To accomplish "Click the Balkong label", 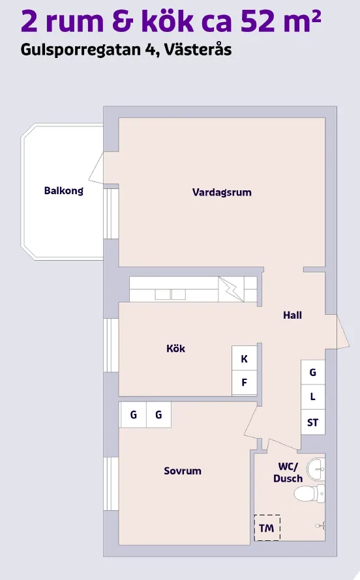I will [x=63, y=191].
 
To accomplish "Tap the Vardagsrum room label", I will [x=222, y=192].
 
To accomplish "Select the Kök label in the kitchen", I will [x=175, y=349].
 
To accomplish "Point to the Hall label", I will [x=292, y=315].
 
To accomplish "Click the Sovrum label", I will [x=183, y=471].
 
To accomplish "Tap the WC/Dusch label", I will [x=288, y=472].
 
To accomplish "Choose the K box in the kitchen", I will [x=245, y=358].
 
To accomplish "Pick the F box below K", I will [x=245, y=383].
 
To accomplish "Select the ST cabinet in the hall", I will [x=313, y=422].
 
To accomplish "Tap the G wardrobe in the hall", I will [x=313, y=372].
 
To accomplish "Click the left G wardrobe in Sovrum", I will [x=133, y=414].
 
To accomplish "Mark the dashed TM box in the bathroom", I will [x=267, y=528].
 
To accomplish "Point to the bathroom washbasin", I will [x=316, y=467].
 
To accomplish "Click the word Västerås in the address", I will [x=200, y=50].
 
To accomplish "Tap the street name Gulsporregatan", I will [x=82, y=50].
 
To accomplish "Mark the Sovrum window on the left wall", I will [x=111, y=485].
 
